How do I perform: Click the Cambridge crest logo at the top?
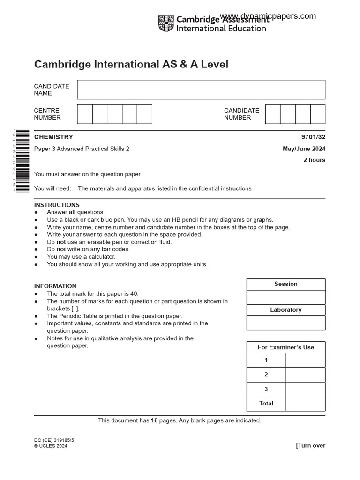coord(166,24)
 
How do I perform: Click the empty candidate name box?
coord(201,90)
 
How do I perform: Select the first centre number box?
coord(84,114)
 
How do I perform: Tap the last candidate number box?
coord(318,114)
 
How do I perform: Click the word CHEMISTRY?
coord(53,137)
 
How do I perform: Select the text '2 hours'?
coord(314,160)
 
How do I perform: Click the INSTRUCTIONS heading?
coord(57,205)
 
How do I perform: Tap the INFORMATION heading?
coord(55,286)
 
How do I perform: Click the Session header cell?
coord(286,284)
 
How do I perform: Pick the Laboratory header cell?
coord(286,310)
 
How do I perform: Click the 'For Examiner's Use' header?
coord(286,347)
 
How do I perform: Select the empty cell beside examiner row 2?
coord(305,375)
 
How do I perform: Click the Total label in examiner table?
coord(266,404)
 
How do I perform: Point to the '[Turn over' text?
coord(310,445)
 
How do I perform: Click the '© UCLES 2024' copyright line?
coord(51,446)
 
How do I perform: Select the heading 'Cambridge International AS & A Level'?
coord(131,64)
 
